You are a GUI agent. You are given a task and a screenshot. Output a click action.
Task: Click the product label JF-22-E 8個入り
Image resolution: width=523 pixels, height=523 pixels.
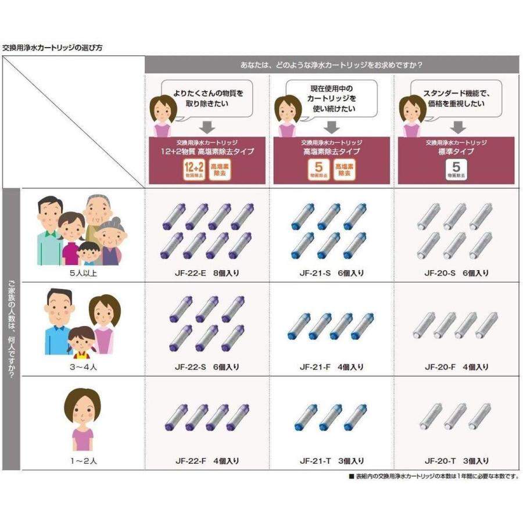[207, 273]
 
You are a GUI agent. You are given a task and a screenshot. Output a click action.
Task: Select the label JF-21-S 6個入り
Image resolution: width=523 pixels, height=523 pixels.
[331, 273]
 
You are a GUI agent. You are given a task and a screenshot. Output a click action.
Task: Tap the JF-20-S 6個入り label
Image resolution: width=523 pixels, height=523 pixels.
[456, 273]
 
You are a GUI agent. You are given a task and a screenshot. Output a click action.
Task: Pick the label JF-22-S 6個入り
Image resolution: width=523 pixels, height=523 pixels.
[207, 367]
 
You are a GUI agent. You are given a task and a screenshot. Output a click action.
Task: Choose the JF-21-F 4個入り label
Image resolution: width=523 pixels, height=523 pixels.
[331, 367]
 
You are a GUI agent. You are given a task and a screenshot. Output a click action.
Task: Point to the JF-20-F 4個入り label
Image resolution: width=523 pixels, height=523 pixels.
[456, 367]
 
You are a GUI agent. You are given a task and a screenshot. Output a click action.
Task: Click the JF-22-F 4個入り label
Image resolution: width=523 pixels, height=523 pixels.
[207, 461]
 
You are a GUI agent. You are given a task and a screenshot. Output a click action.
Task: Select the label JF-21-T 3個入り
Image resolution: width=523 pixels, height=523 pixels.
[331, 461]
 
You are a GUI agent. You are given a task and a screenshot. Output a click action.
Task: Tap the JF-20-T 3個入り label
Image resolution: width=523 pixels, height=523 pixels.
[456, 461]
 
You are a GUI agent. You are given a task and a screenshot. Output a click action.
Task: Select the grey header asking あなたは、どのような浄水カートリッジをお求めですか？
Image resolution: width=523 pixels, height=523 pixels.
[331, 64]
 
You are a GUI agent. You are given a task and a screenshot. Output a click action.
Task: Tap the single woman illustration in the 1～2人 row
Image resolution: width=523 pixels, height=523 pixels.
[82, 418]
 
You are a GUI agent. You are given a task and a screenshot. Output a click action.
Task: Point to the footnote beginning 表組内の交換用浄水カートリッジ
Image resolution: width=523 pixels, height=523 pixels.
[433, 476]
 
